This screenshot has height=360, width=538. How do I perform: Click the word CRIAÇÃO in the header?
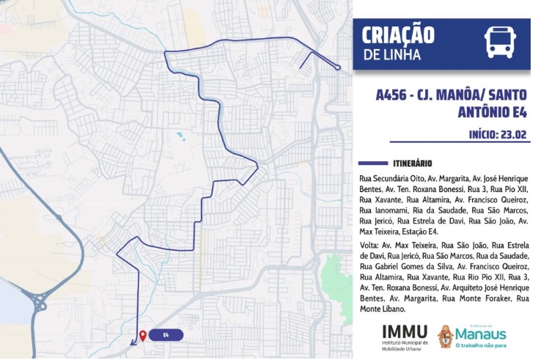pos(399,35)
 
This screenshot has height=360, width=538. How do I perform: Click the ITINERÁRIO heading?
pos(412,163)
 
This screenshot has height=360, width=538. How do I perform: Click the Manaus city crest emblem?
pos(445,337)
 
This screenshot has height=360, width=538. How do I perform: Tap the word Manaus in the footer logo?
pos(481,334)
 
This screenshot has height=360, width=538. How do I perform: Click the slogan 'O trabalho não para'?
pos(480,346)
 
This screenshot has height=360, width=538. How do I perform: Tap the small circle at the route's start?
pos(339,68)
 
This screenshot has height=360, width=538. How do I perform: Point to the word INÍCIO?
pos(483,134)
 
